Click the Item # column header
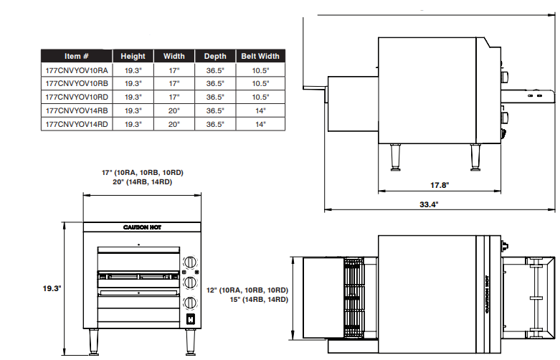pyautogui.click(x=76, y=56)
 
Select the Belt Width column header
pyautogui.click(x=260, y=56)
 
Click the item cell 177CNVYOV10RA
pyautogui.click(x=76, y=70)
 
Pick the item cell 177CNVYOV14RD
pyautogui.click(x=76, y=124)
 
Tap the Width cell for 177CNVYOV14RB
pyautogui.click(x=174, y=110)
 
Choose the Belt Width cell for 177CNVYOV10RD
pyautogui.click(x=260, y=97)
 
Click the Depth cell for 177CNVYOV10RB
pyautogui.click(x=215, y=83)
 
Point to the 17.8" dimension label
pyautogui.click(x=440, y=185)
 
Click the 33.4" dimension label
pyautogui.click(x=429, y=204)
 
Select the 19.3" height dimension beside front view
pyautogui.click(x=51, y=288)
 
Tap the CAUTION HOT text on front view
pyautogui.click(x=142, y=227)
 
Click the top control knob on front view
pyautogui.click(x=191, y=263)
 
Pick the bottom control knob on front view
pyautogui.click(x=191, y=302)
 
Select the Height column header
pyautogui.click(x=133, y=56)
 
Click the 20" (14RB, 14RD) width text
pyautogui.click(x=141, y=182)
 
